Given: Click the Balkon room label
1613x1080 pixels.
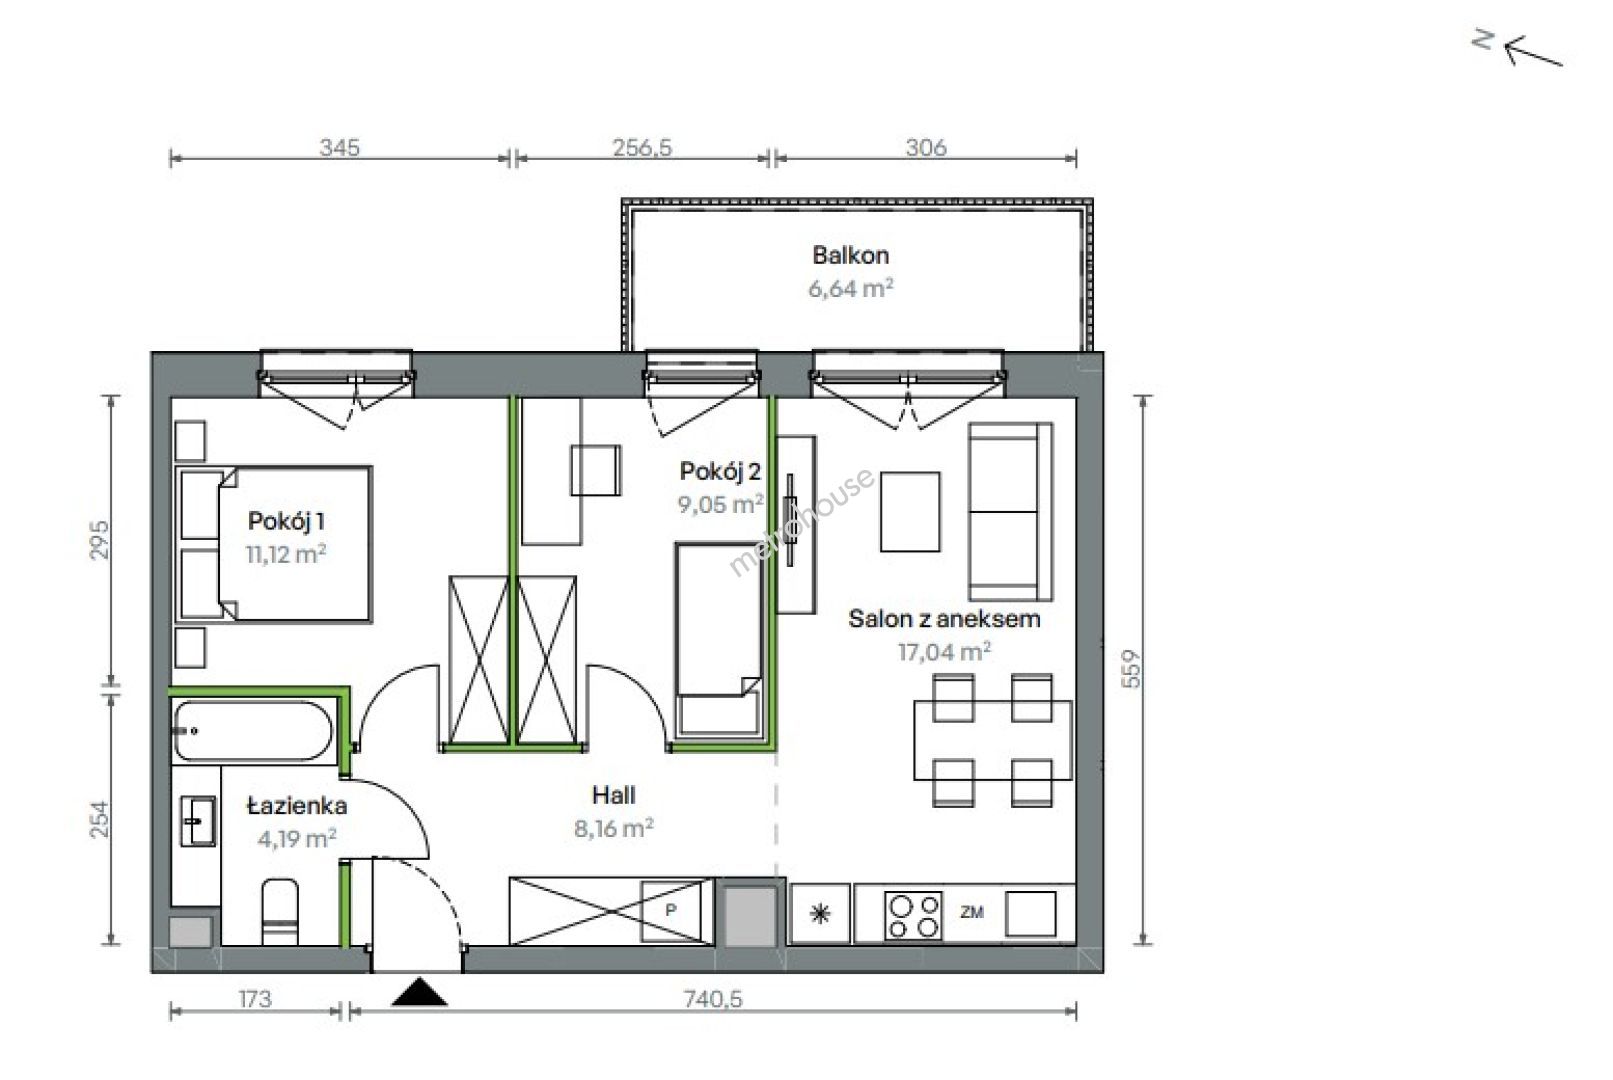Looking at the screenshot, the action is pyautogui.click(x=850, y=255).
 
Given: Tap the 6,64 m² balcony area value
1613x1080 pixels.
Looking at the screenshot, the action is pyautogui.click(x=850, y=288).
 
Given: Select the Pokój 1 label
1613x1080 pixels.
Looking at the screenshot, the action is pyautogui.click(x=286, y=521).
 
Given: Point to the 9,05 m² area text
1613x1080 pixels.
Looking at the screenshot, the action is pyautogui.click(x=720, y=504).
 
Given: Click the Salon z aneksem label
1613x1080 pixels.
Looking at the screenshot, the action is pyautogui.click(x=944, y=618).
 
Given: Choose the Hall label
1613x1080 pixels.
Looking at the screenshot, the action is pyautogui.click(x=614, y=795).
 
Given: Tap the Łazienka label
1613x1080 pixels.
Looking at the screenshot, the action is pyautogui.click(x=297, y=806).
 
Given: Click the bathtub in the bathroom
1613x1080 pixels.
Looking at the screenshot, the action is pyautogui.click(x=253, y=731).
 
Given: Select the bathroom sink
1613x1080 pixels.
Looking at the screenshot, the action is pyautogui.click(x=197, y=821).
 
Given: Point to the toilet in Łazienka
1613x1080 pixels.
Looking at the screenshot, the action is pyautogui.click(x=280, y=911).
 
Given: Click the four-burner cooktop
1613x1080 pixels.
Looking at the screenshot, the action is pyautogui.click(x=913, y=916).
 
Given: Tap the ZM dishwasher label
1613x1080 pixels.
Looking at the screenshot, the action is pyautogui.click(x=971, y=912).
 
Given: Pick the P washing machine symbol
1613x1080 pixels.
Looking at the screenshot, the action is pyautogui.click(x=670, y=911).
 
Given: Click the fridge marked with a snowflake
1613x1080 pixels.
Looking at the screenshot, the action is pyautogui.click(x=820, y=914).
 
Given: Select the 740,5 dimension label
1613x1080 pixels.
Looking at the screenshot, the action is pyautogui.click(x=712, y=999).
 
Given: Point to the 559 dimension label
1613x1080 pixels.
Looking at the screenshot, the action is pyautogui.click(x=1132, y=669).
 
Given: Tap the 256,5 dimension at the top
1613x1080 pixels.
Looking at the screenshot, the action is pyautogui.click(x=642, y=148).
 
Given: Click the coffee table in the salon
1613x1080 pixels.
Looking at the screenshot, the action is pyautogui.click(x=910, y=512).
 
